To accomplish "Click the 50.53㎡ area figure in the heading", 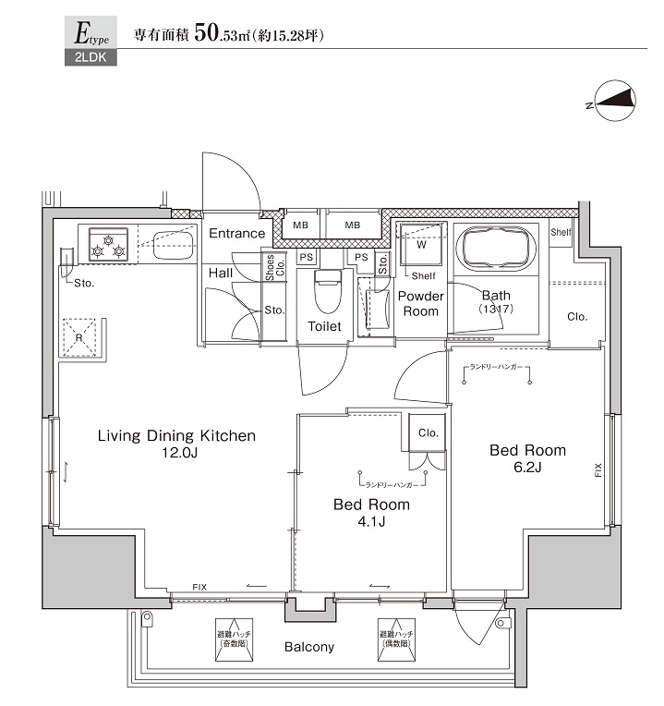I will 224,36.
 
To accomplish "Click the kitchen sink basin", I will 173,246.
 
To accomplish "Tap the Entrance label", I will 236,234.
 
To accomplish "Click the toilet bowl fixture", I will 328,291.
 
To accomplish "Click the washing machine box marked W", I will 420,247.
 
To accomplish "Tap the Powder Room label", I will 421,304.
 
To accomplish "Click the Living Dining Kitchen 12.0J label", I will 176,444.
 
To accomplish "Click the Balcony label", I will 308,647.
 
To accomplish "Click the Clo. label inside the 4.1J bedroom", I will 428,432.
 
